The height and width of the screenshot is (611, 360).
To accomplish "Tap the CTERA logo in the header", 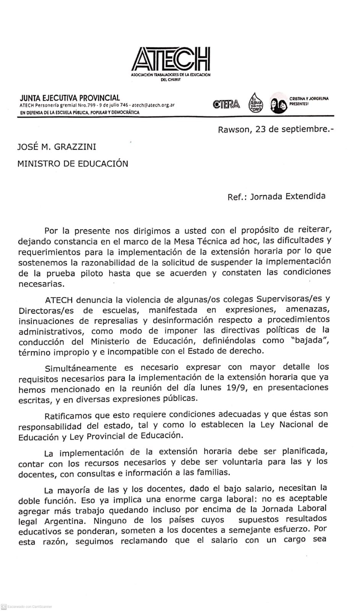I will (227, 104).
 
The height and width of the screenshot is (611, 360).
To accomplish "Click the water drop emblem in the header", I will (255, 102).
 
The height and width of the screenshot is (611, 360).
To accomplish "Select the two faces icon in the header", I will (278, 105).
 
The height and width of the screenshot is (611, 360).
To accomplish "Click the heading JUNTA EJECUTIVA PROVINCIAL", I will (70, 98).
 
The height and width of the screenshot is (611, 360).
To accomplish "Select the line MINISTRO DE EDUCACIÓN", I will (73, 164).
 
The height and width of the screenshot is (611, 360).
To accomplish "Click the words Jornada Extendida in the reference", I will (288, 196).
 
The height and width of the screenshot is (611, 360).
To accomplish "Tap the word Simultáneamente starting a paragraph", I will (81, 369).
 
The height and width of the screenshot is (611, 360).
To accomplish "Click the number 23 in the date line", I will (261, 129).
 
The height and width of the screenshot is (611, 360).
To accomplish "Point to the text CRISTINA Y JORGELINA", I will (309, 99).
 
